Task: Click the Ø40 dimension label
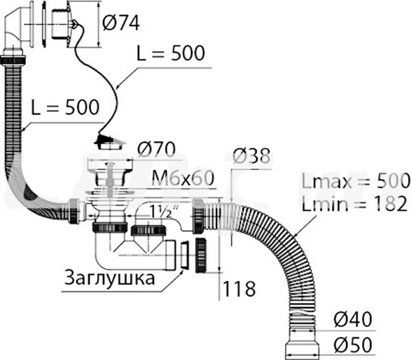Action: (x=355, y=319)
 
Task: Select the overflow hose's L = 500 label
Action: (x=65, y=106)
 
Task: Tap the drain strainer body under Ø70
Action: (x=110, y=182)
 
